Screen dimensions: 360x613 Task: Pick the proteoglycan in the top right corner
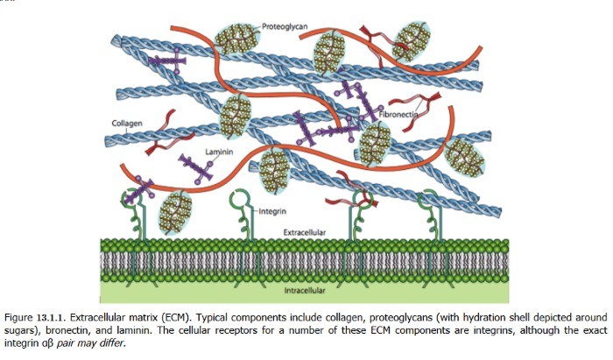pyautogui.click(x=411, y=39)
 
